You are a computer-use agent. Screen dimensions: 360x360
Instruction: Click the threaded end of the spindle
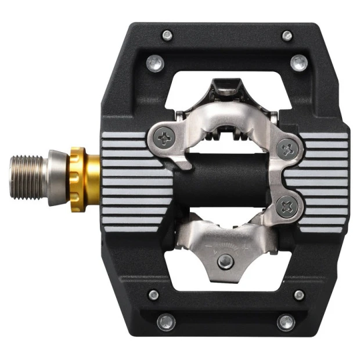[x=27, y=173]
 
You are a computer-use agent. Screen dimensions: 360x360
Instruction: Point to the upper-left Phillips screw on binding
[x=165, y=137]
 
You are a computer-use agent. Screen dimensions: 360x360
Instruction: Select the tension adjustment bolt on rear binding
[x=222, y=261]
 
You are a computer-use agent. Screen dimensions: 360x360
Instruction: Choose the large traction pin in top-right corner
[x=297, y=62]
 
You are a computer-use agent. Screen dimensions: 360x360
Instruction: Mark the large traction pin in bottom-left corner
[x=165, y=321]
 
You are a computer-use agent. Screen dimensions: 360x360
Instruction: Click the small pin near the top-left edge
[x=167, y=36]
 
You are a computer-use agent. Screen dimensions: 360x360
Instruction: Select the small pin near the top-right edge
[x=287, y=36]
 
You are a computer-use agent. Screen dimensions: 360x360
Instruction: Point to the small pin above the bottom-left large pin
[x=153, y=295]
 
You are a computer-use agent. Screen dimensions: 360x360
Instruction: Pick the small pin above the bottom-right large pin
[x=299, y=295]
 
